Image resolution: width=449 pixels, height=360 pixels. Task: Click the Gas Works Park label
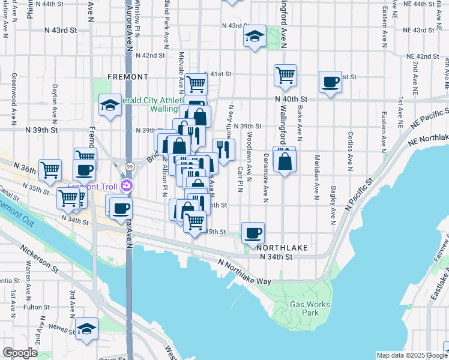(x=310, y=308)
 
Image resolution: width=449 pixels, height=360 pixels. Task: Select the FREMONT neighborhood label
(x=127, y=77)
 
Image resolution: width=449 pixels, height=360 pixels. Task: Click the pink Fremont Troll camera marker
(x=126, y=186)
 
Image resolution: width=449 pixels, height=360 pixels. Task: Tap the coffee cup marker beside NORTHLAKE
(x=253, y=232)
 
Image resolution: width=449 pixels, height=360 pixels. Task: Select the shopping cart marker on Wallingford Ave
(x=286, y=75)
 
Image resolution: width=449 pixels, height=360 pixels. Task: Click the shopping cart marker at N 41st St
(x=196, y=83)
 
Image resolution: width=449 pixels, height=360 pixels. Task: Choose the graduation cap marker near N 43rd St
(x=255, y=37)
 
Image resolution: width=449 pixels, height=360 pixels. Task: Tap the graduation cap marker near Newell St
(x=87, y=328)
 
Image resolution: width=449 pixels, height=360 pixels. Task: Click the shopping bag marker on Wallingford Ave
(x=285, y=160)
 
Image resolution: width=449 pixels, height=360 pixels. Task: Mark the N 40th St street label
(x=291, y=98)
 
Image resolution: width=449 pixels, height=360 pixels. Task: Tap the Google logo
(x=20, y=353)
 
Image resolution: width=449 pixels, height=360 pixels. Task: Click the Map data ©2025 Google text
(x=411, y=355)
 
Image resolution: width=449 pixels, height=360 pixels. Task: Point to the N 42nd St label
(x=150, y=55)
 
